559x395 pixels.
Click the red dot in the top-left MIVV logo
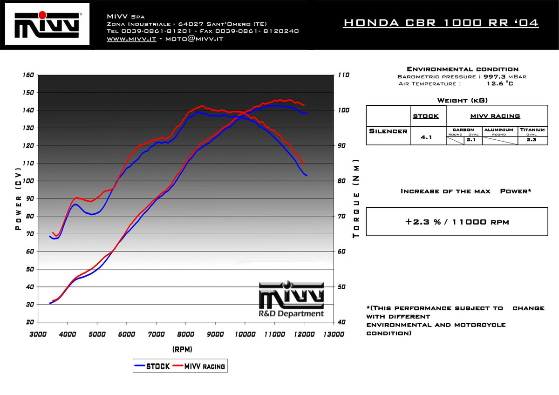point(42,15)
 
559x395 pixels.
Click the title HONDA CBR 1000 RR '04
point(441,23)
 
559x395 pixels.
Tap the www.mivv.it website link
point(131,39)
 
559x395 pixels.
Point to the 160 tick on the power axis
point(28,75)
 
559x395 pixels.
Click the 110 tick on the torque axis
point(344,75)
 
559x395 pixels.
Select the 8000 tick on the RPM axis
point(186,334)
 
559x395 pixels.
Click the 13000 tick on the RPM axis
point(334,334)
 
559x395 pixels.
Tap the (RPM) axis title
point(183,349)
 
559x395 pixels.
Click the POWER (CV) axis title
point(18,198)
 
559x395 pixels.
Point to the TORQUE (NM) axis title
point(356,198)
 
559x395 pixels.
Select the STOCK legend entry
point(152,366)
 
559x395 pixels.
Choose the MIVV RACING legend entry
point(199,366)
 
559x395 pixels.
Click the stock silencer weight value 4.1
point(426,137)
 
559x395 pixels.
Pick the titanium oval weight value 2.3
point(532,140)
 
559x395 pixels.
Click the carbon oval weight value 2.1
point(471,140)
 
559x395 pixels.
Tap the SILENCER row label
point(388,131)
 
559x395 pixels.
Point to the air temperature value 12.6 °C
point(500,83)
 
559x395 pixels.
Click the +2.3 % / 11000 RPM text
point(457,222)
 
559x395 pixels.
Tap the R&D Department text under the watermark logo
point(291,313)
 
